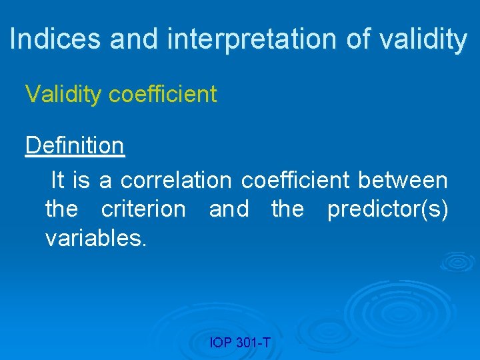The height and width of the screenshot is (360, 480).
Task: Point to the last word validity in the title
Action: pyautogui.click(x=423, y=39)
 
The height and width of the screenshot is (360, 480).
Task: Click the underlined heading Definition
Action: pyautogui.click(x=75, y=145)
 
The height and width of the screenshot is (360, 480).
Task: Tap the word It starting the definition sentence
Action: pyautogui.click(x=58, y=180)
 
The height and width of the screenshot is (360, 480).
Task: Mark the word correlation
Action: pyautogui.click(x=177, y=180)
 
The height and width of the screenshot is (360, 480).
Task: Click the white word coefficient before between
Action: pyautogui.click(x=295, y=180)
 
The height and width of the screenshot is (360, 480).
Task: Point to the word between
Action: pyautogui.click(x=403, y=180)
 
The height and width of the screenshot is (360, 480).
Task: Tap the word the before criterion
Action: pyautogui.click(x=61, y=209)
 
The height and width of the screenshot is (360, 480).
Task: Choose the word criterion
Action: pyautogui.click(x=143, y=209)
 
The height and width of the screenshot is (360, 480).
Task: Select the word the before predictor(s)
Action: pyautogui.click(x=287, y=209)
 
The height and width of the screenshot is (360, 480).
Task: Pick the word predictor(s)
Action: pyautogui.click(x=387, y=209)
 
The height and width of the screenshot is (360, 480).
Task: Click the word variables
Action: pyautogui.click(x=95, y=238)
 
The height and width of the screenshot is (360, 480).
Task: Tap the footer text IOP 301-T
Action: pyautogui.click(x=240, y=343)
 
